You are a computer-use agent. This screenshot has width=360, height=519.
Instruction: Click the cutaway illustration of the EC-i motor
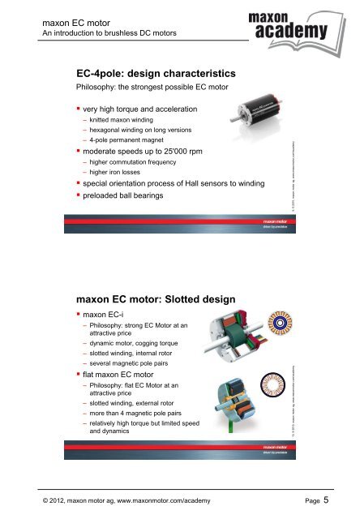coord(237,332)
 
